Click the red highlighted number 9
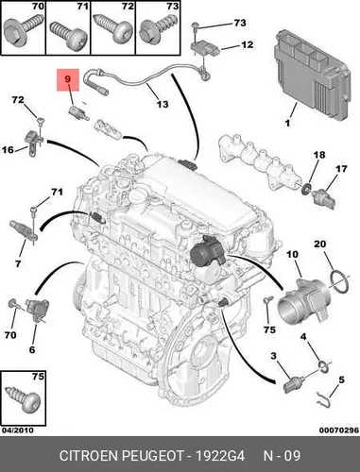[68, 78]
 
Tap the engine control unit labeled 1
[312, 76]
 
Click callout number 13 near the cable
[163, 104]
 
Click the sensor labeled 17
[323, 197]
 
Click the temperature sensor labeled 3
[294, 384]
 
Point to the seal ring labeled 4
[323, 365]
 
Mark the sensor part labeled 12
[206, 48]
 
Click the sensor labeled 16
[33, 142]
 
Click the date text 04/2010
[18, 430]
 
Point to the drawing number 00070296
[339, 430]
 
